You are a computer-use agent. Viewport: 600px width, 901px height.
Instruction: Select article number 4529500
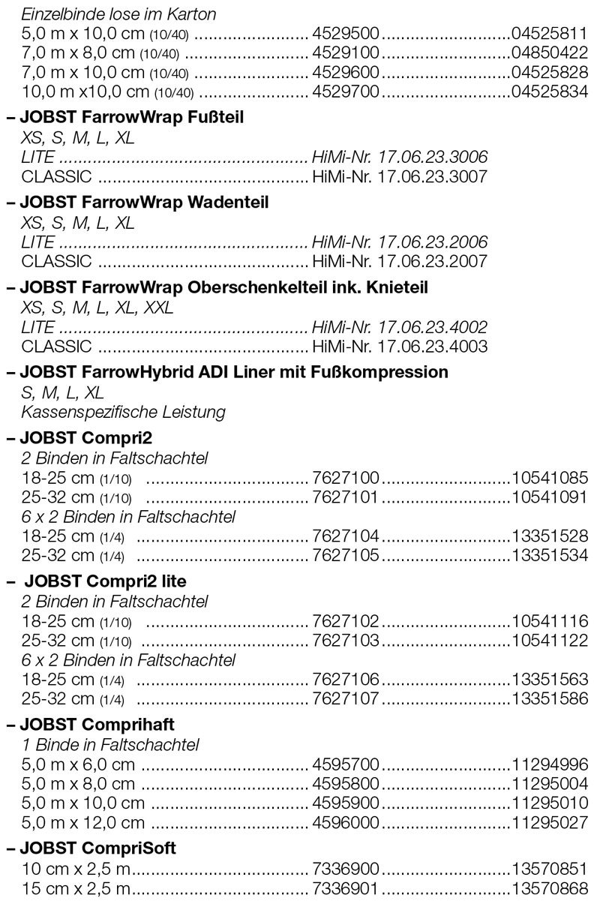(346, 35)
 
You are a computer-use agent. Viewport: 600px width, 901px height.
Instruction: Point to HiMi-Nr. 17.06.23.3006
(399, 158)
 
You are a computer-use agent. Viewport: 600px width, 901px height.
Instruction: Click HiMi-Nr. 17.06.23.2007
(399, 262)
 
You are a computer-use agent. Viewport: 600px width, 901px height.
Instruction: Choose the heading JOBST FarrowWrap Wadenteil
(145, 203)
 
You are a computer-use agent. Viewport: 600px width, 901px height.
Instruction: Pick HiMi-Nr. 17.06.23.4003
(399, 347)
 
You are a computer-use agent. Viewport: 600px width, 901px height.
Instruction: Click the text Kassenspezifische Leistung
(124, 412)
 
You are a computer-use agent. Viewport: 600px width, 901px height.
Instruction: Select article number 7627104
(346, 536)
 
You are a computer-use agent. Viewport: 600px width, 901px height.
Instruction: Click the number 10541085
(550, 477)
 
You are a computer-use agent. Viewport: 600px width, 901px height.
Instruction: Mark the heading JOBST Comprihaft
(101, 725)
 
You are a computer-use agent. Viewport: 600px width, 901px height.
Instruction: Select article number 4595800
(346, 784)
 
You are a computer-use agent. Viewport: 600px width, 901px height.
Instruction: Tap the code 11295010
(550, 803)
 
